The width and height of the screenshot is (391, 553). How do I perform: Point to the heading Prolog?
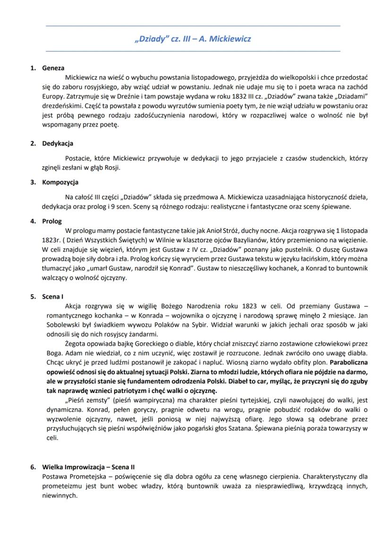[x=52, y=221]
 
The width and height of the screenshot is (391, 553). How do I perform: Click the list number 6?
[x=33, y=467]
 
